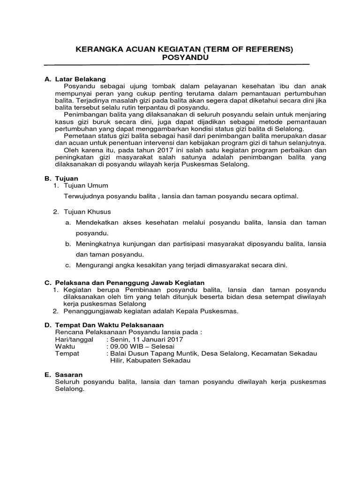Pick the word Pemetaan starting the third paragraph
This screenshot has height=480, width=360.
(79, 136)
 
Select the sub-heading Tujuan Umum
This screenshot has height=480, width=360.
(83, 186)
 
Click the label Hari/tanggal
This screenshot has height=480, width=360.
(75, 339)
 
